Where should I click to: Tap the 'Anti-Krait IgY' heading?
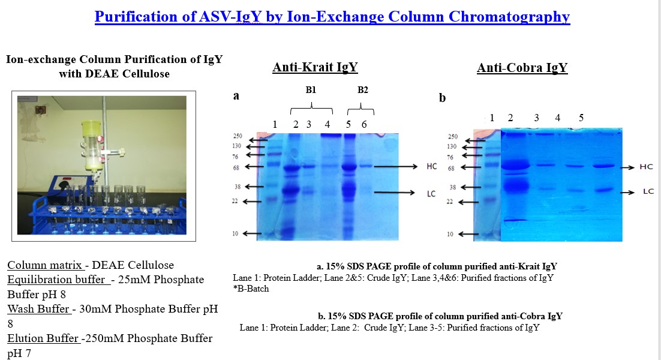pos(315,67)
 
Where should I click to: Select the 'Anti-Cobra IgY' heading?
pos(522,68)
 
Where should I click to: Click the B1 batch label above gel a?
pos(311,90)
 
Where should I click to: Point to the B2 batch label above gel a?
pos(362,90)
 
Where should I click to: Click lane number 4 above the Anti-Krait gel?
pos(327,124)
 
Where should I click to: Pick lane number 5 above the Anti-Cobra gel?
pos(581,118)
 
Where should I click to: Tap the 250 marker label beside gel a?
pos(238,136)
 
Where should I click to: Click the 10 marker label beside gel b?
pos(450,234)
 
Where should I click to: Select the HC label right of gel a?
pos(432,167)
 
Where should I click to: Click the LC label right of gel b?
pos(648,191)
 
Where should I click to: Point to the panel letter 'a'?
pos(236,96)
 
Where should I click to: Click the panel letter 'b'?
pos(442,98)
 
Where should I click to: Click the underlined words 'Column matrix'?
pos(44,265)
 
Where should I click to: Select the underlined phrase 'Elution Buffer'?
pos(43,338)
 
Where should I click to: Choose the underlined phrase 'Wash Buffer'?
pos(38,309)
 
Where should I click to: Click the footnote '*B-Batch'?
pos(251,289)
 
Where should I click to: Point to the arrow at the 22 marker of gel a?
pos(252,202)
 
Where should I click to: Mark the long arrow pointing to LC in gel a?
pos(395,193)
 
